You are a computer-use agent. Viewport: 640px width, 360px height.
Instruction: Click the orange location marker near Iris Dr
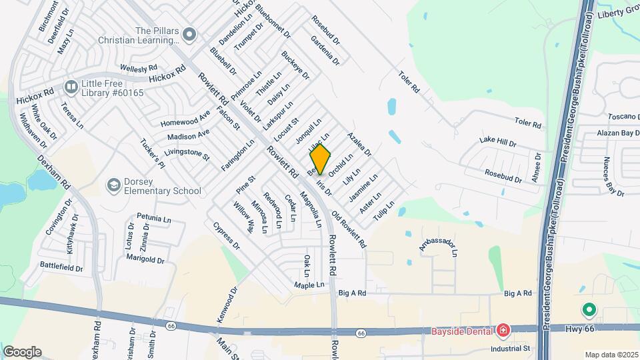point(321,159)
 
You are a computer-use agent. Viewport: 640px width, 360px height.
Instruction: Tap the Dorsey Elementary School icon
point(113,184)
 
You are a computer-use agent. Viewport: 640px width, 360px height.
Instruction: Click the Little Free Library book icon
point(71,87)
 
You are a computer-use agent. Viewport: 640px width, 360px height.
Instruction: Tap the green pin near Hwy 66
point(589,310)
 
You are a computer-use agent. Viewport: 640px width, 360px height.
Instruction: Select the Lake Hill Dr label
point(498,142)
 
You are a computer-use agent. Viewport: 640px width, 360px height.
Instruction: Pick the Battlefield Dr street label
point(61,268)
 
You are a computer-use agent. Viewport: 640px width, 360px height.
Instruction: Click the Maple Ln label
point(309,285)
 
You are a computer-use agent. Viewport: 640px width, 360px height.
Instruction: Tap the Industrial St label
point(510,348)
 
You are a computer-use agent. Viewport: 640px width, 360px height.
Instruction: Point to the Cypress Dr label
point(227,235)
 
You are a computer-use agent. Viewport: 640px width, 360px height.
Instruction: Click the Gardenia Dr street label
point(325,50)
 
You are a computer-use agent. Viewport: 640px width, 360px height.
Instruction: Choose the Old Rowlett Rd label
point(349,230)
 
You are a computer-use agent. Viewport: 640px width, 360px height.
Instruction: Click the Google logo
point(22,352)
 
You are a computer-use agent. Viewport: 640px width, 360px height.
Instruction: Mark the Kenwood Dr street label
point(227,305)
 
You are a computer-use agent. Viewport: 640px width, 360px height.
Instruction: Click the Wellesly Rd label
point(139,68)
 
